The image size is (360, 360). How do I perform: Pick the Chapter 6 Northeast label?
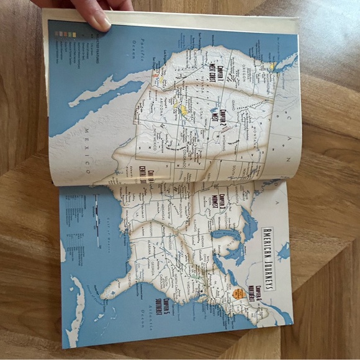[x=251, y=292]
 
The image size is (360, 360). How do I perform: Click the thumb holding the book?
[x=96, y=19]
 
